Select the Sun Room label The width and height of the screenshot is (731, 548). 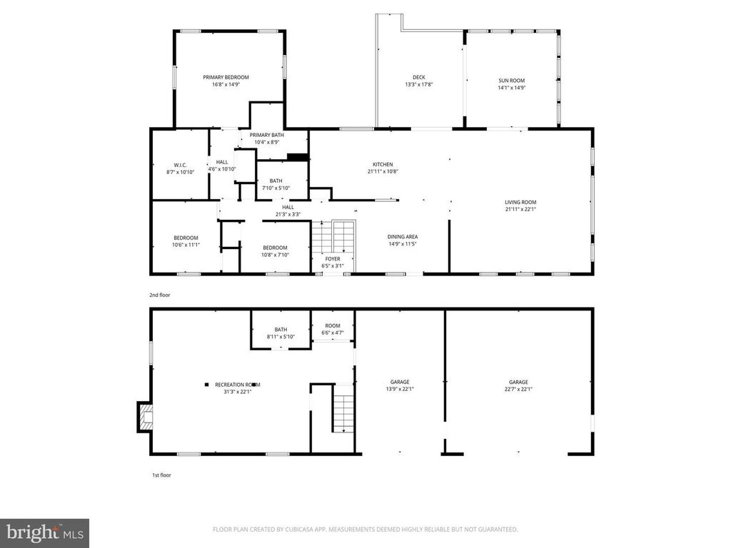coord(511,81)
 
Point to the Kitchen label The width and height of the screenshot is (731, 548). coord(383,164)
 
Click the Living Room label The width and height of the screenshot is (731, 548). coord(520,202)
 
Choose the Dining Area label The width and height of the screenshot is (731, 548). coord(403,236)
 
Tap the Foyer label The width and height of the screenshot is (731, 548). coord(333,258)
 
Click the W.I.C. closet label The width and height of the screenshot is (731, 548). coord(180,166)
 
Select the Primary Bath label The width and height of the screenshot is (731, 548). coord(267,135)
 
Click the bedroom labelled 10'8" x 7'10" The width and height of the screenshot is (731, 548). coord(275,248)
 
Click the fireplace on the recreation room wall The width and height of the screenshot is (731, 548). coord(145,417)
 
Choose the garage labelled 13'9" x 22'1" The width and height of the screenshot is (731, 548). coord(400,385)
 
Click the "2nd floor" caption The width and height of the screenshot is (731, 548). coord(160,295)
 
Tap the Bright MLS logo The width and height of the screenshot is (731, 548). coord(44,532)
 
